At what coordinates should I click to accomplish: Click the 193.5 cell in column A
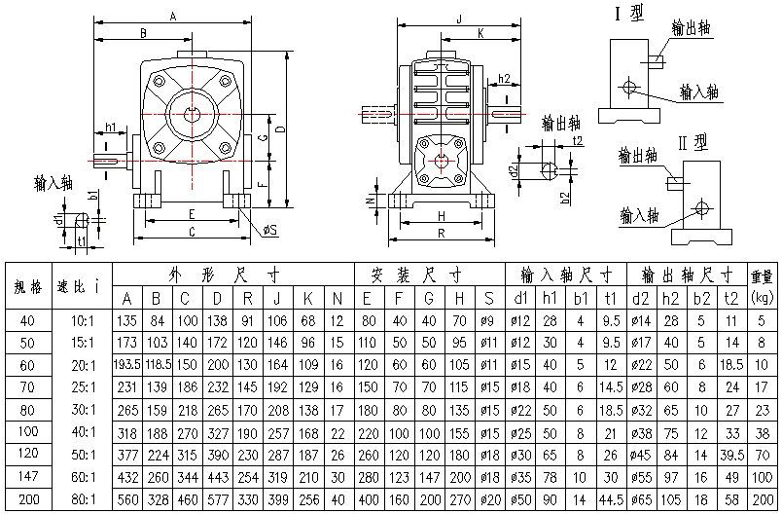127,365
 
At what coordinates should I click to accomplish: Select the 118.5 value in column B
159,365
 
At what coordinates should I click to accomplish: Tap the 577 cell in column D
218,499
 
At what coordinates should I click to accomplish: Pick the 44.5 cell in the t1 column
611,499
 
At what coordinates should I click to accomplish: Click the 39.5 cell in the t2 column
731,456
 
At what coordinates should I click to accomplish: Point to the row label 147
28,477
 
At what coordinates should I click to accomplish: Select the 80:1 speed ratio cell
83,499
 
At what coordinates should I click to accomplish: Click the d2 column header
640,299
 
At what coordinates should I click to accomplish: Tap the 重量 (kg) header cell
762,286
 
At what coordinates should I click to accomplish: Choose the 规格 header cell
28,286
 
